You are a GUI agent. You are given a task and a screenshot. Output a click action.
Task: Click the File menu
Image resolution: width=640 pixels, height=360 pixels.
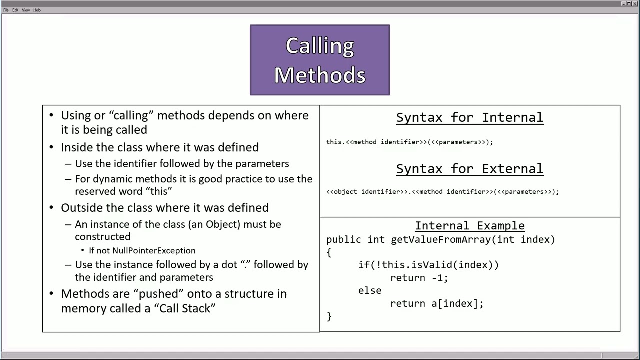(6, 10)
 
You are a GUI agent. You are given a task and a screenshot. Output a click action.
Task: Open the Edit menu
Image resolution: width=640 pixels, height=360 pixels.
(15, 10)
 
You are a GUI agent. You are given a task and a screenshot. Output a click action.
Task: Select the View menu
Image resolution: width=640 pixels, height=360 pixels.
(26, 10)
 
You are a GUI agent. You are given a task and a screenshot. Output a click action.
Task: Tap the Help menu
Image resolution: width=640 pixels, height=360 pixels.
(37, 10)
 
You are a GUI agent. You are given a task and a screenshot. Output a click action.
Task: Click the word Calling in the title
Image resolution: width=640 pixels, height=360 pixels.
(320, 46)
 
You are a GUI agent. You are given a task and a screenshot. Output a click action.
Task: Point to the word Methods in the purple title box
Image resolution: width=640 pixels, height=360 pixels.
(320, 75)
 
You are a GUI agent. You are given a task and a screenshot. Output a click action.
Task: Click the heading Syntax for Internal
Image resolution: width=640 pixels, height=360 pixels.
(469, 118)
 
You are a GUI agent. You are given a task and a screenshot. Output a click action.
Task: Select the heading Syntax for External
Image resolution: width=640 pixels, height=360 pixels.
(469, 169)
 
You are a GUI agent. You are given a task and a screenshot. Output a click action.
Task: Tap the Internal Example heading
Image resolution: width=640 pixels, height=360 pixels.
(469, 226)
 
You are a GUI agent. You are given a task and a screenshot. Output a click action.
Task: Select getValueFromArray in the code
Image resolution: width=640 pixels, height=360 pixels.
(441, 240)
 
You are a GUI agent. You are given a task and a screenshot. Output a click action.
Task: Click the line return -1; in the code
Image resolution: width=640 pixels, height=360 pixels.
(419, 278)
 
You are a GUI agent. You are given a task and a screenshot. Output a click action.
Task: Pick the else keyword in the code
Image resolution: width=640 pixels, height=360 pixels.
(370, 291)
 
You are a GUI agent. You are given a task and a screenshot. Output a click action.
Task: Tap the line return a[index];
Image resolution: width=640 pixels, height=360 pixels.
(437, 303)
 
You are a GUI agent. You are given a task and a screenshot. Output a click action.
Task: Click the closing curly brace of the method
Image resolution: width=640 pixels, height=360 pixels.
(329, 316)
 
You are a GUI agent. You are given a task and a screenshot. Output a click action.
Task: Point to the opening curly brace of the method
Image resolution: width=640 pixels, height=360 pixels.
(329, 253)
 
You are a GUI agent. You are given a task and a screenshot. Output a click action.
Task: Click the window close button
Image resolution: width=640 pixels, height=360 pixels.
(635, 4)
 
